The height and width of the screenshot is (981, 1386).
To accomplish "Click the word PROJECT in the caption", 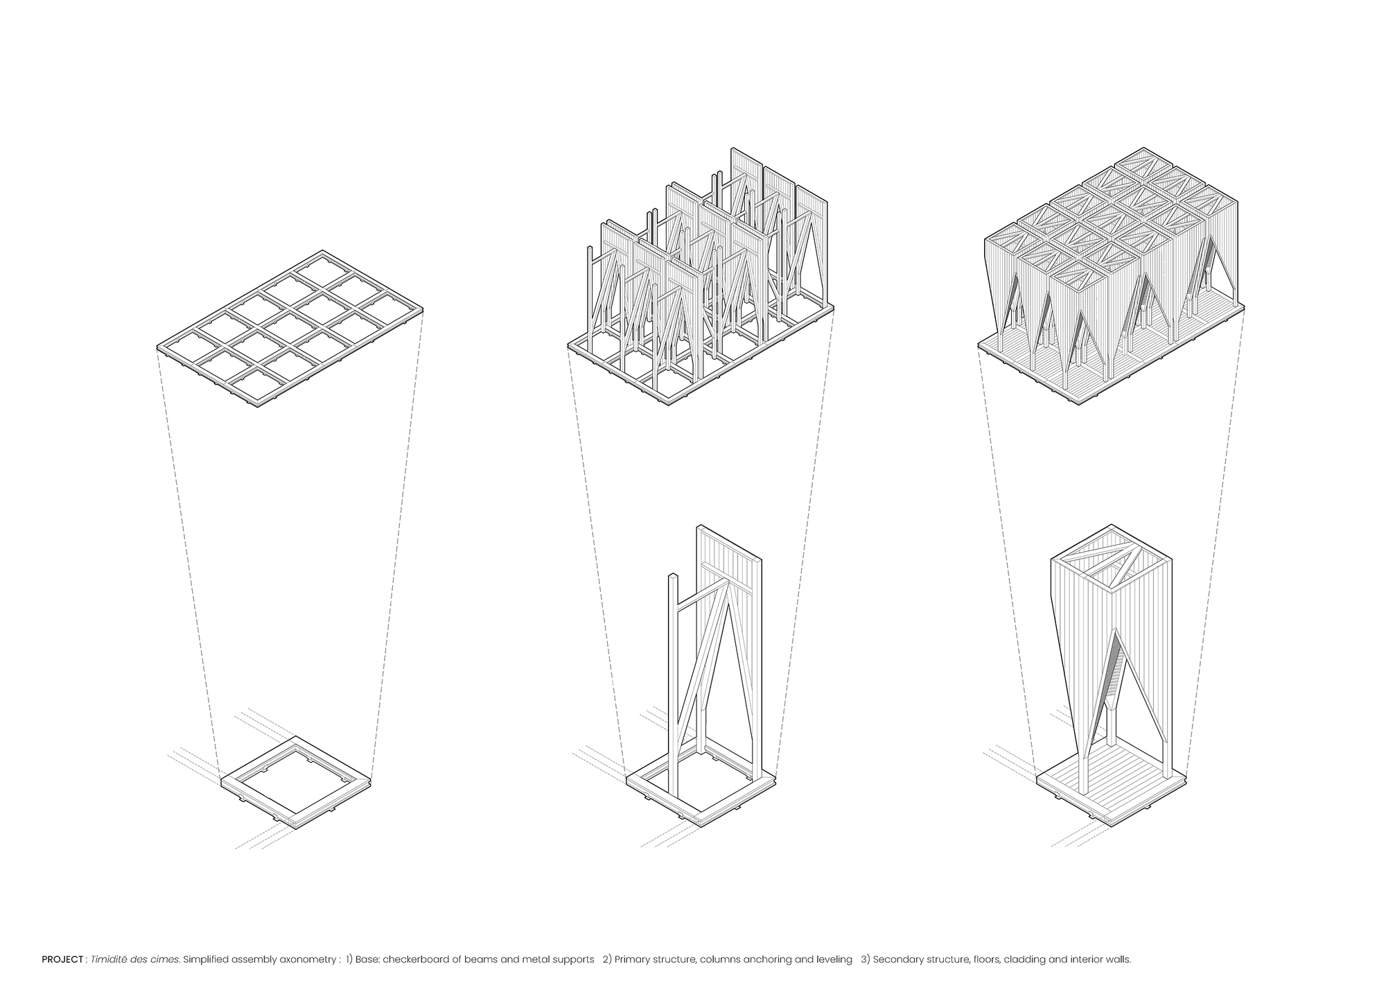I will coord(62,960).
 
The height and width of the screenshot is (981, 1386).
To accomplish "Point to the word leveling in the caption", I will coord(836,960).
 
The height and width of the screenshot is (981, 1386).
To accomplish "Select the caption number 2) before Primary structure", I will coord(608,960).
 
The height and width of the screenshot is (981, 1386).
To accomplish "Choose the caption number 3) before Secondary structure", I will coord(866,960).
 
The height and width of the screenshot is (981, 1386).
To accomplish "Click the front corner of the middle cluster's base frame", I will coord(668,403).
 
